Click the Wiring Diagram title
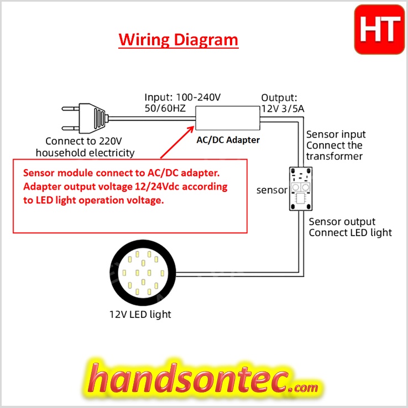click(178, 40)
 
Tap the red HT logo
click(380, 29)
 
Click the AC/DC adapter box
click(228, 118)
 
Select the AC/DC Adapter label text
click(228, 140)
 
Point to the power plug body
click(93, 118)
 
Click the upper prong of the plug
click(70, 108)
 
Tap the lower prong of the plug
click(70, 128)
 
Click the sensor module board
click(301, 189)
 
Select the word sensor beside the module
click(272, 190)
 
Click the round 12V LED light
click(143, 273)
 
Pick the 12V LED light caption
click(140, 315)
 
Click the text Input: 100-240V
click(182, 97)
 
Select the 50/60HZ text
click(165, 108)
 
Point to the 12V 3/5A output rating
click(283, 109)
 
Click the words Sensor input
click(336, 134)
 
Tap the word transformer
click(334, 156)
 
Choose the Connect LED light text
click(351, 233)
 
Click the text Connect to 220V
click(83, 141)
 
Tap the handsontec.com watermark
click(203, 380)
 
